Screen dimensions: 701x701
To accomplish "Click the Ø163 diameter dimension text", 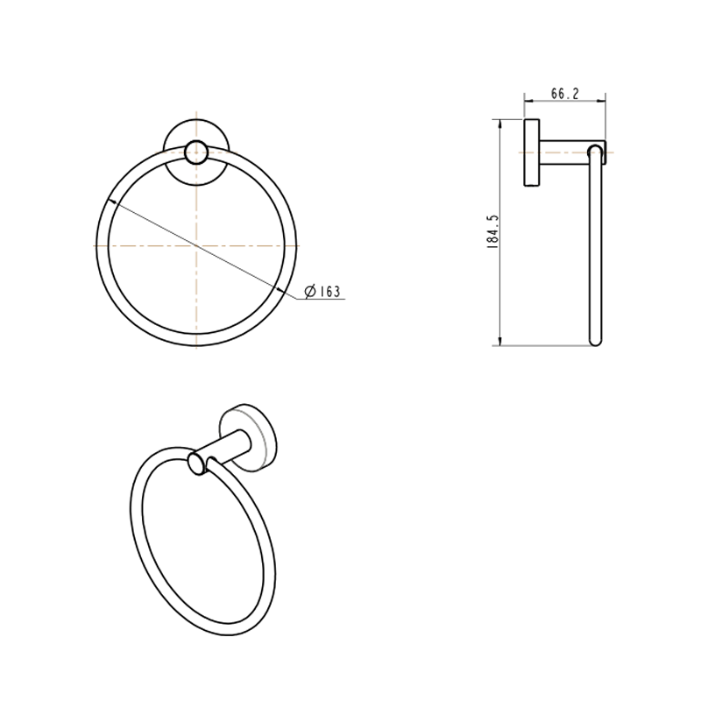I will pyautogui.click(x=322, y=292).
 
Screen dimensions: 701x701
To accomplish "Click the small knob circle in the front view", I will pyautogui.click(x=197, y=151).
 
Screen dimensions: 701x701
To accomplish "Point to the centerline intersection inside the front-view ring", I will pyautogui.click(x=197, y=246).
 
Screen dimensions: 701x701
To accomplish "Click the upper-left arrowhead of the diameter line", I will pyautogui.click(x=107, y=202).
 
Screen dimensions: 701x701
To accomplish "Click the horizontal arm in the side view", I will pyautogui.click(x=565, y=152).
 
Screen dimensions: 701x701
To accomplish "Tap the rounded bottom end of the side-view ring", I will pyautogui.click(x=595, y=343).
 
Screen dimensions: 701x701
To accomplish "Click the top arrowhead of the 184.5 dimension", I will pyautogui.click(x=499, y=123).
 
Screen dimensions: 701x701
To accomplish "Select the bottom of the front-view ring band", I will pyautogui.click(x=197, y=340).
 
